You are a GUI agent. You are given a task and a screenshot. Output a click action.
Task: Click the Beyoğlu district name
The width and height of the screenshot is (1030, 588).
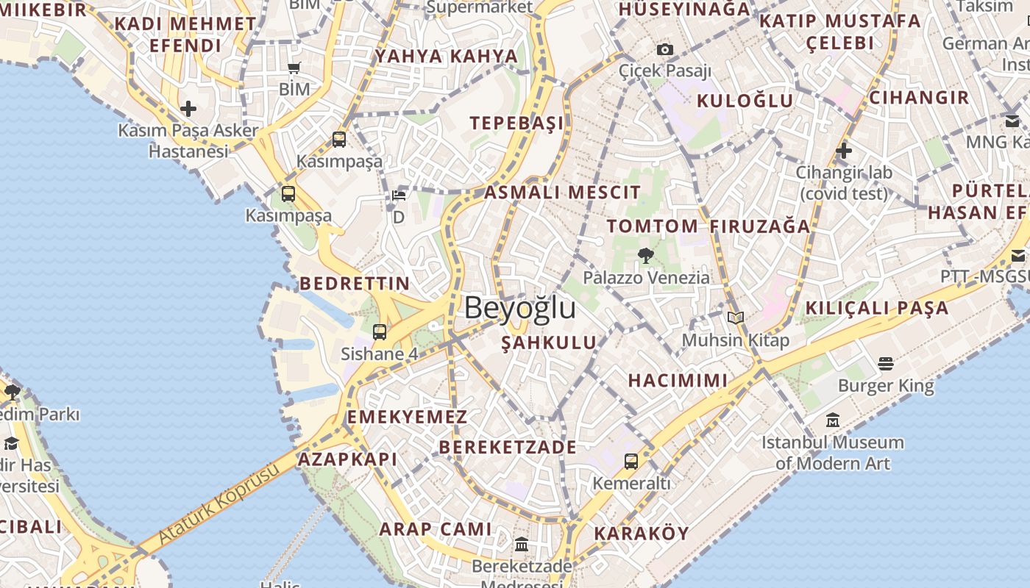(x=519, y=308)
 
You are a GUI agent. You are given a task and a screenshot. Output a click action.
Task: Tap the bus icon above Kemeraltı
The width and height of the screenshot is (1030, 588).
(x=631, y=462)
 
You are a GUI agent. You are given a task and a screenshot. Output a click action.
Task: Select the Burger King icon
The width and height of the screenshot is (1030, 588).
(x=886, y=364)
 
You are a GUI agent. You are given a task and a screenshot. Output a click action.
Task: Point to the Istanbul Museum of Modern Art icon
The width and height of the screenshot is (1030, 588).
(x=833, y=420)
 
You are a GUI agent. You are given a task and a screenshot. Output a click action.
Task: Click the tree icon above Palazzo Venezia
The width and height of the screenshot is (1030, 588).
(x=646, y=256)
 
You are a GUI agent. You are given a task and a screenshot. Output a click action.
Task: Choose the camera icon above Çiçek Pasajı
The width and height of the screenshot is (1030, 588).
(x=665, y=49)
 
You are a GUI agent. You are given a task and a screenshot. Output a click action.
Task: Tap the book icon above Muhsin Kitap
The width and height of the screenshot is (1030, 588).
(x=736, y=318)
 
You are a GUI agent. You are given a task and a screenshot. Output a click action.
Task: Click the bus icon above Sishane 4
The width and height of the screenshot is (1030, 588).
(x=380, y=332)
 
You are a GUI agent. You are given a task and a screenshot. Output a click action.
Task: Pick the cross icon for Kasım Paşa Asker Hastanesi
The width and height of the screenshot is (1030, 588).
(x=188, y=109)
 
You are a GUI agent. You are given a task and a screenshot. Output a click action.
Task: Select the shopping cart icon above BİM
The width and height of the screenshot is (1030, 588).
(x=294, y=68)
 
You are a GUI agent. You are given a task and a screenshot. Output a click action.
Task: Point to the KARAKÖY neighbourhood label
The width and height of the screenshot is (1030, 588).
(x=642, y=534)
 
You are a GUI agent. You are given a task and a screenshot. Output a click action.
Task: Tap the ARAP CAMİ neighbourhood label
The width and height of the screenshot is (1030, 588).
(x=436, y=529)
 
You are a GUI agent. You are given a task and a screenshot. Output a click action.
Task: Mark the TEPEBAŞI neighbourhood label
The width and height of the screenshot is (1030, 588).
(x=516, y=123)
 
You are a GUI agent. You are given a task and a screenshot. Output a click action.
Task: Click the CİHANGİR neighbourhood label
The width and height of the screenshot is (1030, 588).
(x=919, y=98)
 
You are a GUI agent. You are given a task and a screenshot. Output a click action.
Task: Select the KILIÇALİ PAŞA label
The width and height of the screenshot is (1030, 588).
(x=877, y=308)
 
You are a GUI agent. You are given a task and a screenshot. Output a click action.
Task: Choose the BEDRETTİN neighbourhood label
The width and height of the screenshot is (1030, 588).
(x=355, y=284)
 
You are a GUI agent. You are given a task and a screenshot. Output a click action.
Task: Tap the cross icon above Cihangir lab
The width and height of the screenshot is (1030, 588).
(x=844, y=151)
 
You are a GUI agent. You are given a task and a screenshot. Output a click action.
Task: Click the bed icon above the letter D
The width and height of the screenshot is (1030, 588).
(x=399, y=196)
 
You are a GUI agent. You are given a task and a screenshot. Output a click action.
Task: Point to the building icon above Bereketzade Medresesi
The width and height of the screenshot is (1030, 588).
(x=522, y=545)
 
